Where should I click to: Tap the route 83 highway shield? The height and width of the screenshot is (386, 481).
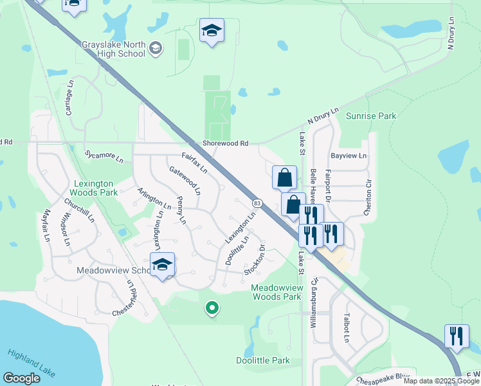(x=257, y=203)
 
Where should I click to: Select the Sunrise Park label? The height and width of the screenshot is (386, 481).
(x=371, y=116)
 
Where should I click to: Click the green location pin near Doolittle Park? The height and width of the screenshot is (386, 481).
(x=211, y=309)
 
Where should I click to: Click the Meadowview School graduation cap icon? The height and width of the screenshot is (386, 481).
(x=162, y=264)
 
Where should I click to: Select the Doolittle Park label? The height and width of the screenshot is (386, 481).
(x=263, y=361)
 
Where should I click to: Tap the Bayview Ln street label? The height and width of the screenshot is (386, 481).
(x=348, y=156)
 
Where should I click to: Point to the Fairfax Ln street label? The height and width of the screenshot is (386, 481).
(x=194, y=163)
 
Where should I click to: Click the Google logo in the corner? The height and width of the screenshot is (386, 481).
(x=21, y=378)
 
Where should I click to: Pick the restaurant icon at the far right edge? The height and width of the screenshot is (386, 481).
(x=457, y=336)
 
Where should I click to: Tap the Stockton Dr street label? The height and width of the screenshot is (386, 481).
(x=255, y=259)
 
